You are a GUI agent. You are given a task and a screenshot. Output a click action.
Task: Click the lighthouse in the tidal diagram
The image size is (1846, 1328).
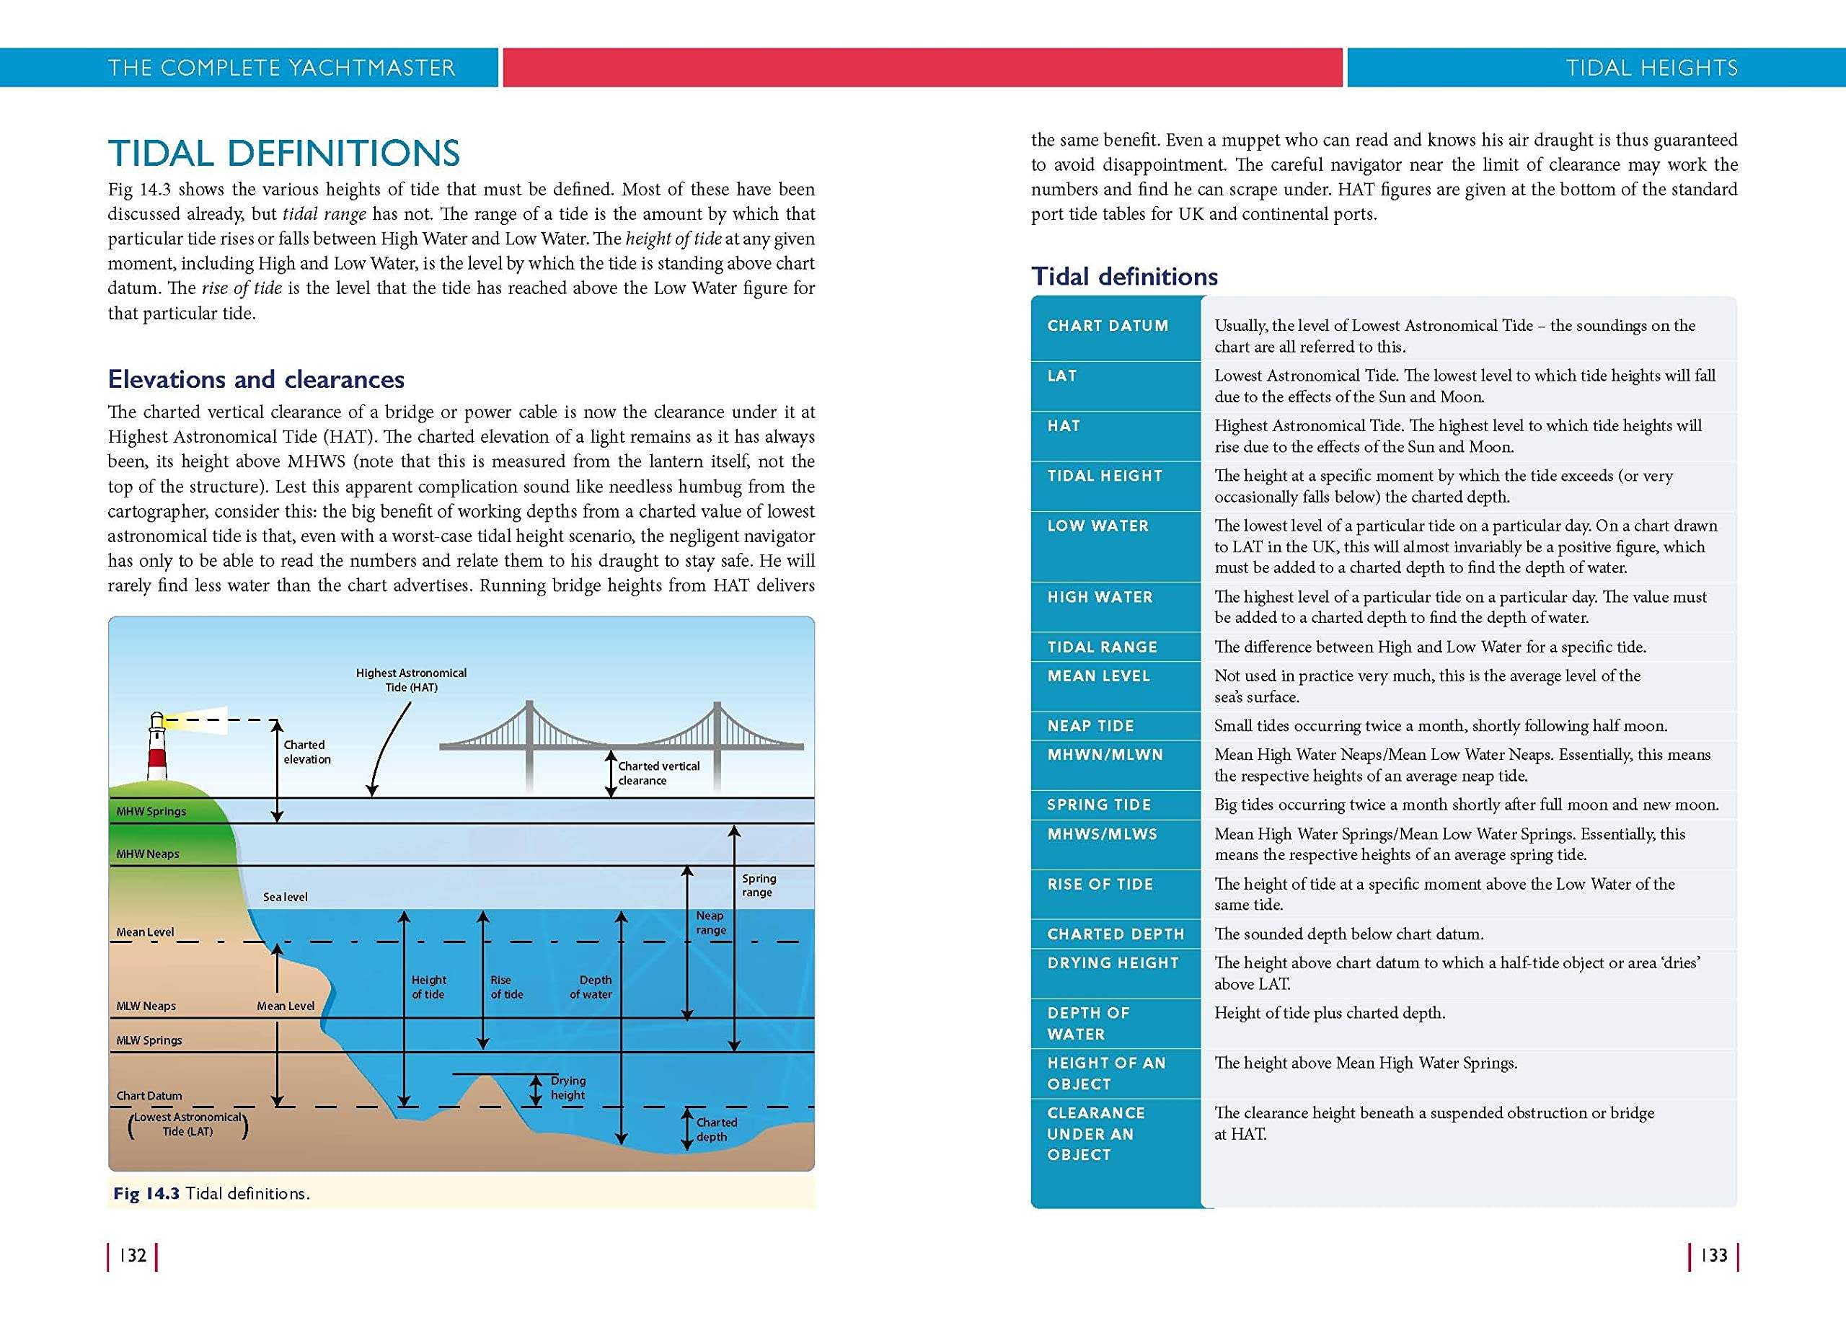157,746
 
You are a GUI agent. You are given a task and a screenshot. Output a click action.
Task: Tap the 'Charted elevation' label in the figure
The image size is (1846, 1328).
307,752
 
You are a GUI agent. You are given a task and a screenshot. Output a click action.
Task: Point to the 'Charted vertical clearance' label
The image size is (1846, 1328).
658,773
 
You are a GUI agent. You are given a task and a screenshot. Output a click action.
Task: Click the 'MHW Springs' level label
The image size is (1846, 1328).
151,811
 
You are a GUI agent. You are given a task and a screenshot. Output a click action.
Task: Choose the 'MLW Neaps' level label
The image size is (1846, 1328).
146,1006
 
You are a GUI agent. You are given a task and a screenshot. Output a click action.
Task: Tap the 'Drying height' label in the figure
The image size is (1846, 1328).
568,1088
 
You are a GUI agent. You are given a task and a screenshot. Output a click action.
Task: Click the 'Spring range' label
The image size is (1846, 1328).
759,885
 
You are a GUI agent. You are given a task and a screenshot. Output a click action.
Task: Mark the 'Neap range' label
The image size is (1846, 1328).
710,923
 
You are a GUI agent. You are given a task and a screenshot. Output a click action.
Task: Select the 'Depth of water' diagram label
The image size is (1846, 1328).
592,987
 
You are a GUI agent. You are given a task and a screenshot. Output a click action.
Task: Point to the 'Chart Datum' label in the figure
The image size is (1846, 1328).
149,1096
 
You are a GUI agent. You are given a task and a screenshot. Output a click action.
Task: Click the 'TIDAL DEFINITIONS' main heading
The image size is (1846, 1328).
284,153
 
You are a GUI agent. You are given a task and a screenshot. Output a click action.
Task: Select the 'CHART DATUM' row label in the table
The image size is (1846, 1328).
1108,325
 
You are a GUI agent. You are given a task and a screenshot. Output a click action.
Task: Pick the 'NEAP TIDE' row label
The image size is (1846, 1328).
1091,726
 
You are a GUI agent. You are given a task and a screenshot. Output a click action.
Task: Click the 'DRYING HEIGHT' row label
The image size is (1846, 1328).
1113,962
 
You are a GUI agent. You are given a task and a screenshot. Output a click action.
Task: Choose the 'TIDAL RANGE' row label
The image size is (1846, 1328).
1102,647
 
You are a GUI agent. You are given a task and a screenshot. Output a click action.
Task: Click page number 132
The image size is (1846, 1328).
133,1256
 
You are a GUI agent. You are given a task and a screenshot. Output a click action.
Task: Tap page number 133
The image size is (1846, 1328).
1713,1256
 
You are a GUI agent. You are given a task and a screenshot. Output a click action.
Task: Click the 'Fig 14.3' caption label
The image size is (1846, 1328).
146,1194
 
